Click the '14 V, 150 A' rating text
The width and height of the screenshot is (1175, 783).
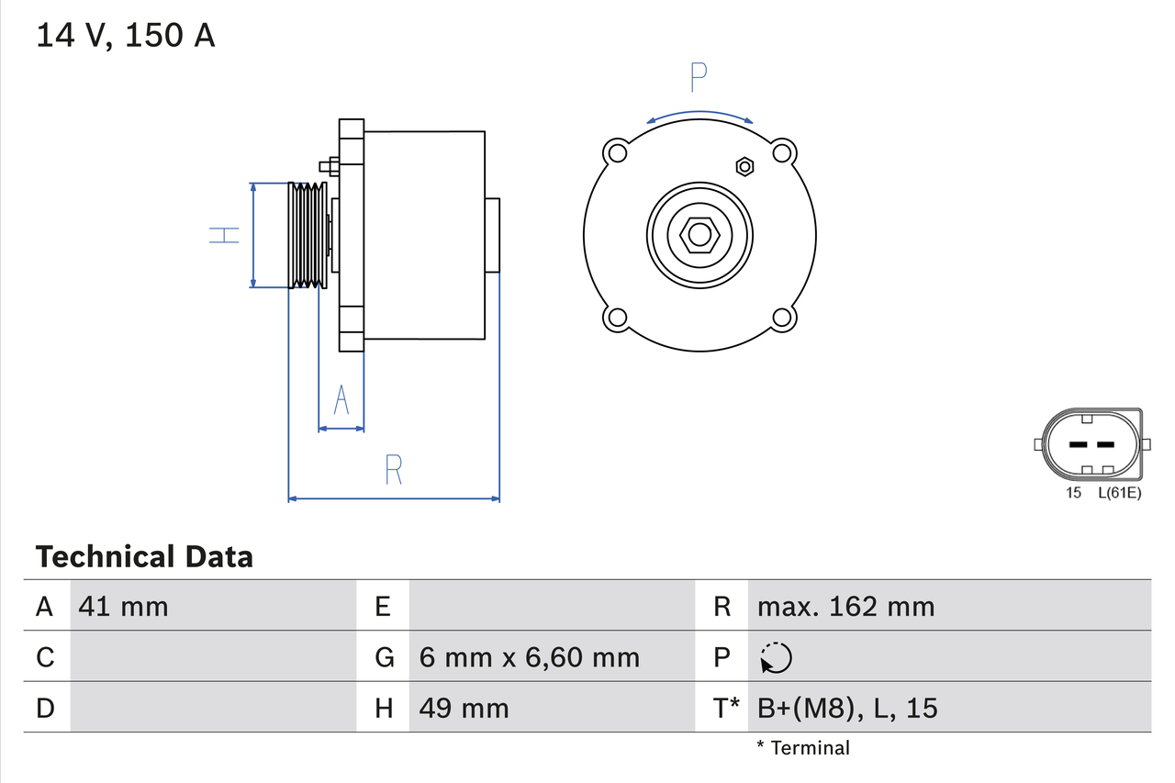pyautogui.click(x=125, y=36)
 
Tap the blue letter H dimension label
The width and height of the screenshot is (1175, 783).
pyautogui.click(x=223, y=235)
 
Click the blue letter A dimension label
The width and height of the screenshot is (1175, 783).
pyautogui.click(x=341, y=400)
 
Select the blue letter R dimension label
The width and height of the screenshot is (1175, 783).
pyautogui.click(x=393, y=470)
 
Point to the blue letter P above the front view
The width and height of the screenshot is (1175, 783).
pyautogui.click(x=699, y=79)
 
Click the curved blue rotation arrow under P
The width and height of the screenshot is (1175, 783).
pyautogui.click(x=699, y=115)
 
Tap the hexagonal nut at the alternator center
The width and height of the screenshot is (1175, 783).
pyautogui.click(x=699, y=234)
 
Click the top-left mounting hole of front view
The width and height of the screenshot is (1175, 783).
pyautogui.click(x=617, y=151)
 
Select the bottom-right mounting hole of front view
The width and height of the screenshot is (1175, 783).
pyautogui.click(x=782, y=318)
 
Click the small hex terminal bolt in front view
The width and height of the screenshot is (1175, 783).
pyautogui.click(x=744, y=166)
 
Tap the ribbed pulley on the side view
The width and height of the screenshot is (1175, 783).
pyautogui.click(x=307, y=235)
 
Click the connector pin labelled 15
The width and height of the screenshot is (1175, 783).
pyautogui.click(x=1078, y=445)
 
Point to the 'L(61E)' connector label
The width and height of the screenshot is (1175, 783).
pyautogui.click(x=1119, y=494)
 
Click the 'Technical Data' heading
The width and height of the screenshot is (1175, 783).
pyautogui.click(x=144, y=556)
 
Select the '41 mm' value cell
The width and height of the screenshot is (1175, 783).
pyautogui.click(x=124, y=606)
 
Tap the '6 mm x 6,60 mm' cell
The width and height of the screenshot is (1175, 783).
pyautogui.click(x=529, y=657)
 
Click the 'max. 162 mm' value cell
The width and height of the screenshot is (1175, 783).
pyautogui.click(x=845, y=606)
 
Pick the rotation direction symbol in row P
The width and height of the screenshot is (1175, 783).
pyautogui.click(x=776, y=657)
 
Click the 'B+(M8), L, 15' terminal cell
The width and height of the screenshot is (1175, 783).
pyautogui.click(x=847, y=708)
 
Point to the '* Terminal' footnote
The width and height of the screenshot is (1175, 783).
pyautogui.click(x=803, y=748)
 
